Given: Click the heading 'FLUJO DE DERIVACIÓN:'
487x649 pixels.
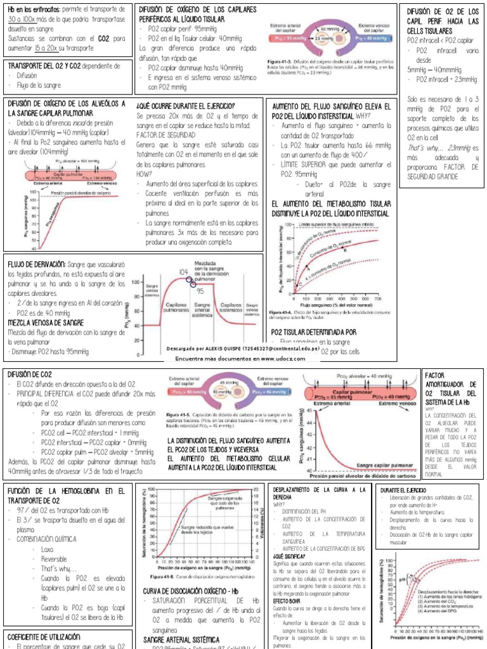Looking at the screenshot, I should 36,264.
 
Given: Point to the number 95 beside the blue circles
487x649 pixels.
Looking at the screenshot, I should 200,291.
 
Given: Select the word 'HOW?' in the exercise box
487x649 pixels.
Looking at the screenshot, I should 144,174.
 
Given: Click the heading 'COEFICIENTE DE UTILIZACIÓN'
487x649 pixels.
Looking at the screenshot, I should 44,636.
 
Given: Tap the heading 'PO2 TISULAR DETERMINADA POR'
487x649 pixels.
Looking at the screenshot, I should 313,331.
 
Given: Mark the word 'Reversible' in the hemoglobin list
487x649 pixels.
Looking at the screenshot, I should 54,559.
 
